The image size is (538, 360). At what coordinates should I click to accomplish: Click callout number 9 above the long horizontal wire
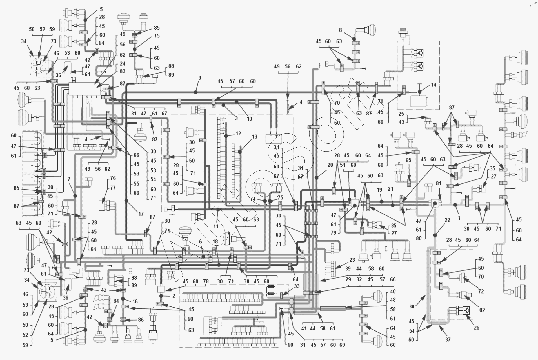(199, 78)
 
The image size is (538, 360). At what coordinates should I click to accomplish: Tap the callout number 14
(433, 85)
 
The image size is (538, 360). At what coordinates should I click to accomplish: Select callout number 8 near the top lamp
(341, 30)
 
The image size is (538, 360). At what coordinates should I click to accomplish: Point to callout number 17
(141, 214)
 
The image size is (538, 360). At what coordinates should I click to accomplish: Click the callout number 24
(123, 64)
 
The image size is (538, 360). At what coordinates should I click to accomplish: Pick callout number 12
(238, 133)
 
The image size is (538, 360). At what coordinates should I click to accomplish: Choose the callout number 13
(255, 137)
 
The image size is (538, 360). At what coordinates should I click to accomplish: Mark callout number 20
(330, 165)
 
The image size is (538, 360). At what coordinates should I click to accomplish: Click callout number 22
(448, 220)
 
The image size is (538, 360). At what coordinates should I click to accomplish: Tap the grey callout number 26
(476, 328)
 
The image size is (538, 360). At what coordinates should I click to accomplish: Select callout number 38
(412, 306)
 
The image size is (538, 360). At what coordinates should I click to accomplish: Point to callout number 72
(481, 291)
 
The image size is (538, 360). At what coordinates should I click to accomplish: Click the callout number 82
(482, 310)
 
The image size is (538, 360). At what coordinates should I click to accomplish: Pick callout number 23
(352, 260)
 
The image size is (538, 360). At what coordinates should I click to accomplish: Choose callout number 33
(297, 286)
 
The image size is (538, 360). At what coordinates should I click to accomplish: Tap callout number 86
(141, 319)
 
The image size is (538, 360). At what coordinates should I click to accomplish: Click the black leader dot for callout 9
(195, 92)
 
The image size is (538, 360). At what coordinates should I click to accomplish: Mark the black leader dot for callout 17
(126, 201)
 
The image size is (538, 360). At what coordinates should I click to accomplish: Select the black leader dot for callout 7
(75, 196)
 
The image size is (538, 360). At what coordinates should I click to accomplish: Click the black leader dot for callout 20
(317, 178)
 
